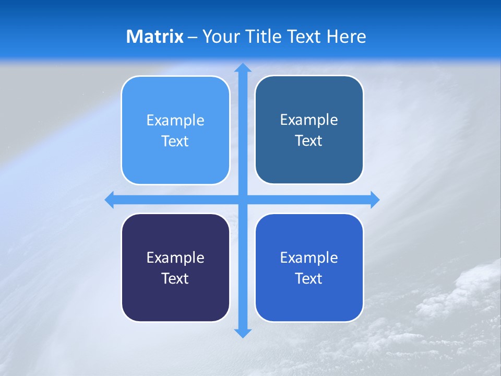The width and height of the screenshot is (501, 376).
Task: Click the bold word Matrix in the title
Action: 154,37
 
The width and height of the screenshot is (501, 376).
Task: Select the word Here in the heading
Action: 347,37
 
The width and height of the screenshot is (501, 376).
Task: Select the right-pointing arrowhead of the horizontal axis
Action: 374,199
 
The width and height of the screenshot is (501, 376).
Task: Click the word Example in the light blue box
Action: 175,120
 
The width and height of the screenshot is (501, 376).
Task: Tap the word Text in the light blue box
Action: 175,141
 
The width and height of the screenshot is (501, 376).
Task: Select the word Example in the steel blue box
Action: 309,120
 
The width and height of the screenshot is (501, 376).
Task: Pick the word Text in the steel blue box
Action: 309,140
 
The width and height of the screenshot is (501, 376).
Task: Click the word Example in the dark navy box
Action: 175,257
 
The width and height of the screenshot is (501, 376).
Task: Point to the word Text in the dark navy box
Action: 175,278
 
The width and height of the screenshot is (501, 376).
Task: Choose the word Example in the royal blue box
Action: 309,257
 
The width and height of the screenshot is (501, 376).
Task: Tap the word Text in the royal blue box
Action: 309,278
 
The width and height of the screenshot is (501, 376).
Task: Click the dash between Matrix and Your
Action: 193,37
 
